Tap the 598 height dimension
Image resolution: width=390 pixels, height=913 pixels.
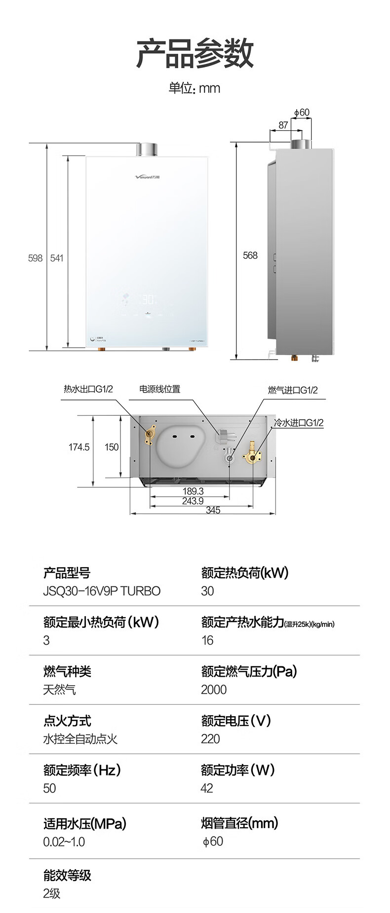tap(35, 258)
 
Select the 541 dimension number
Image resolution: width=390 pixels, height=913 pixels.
tap(57, 258)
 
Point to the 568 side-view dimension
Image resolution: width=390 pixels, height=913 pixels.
tap(250, 256)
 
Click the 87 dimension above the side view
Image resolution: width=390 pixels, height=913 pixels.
tap(283, 125)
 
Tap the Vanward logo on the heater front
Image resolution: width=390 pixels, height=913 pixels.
tap(148, 177)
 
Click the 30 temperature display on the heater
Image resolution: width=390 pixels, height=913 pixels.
tap(148, 299)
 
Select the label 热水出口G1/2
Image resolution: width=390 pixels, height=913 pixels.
tap(88, 389)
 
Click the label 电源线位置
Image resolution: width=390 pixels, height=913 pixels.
tap(159, 389)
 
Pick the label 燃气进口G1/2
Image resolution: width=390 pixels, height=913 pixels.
tap(293, 390)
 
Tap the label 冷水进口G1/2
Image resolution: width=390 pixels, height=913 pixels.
tap(299, 423)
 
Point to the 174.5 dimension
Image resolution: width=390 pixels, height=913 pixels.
tap(79, 447)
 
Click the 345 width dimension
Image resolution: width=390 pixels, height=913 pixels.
tap(213, 510)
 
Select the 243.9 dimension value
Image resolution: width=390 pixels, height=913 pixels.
tap(193, 501)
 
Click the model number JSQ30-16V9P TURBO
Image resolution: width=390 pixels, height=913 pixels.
tap(102, 591)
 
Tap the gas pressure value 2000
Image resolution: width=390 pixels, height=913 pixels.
tap(214, 690)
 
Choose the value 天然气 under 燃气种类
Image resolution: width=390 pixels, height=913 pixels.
tap(59, 690)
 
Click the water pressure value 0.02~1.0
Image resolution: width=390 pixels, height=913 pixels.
tap(64, 841)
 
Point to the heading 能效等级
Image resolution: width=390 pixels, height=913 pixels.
tap(67, 875)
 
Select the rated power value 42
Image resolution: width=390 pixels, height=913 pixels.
tap(207, 788)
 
